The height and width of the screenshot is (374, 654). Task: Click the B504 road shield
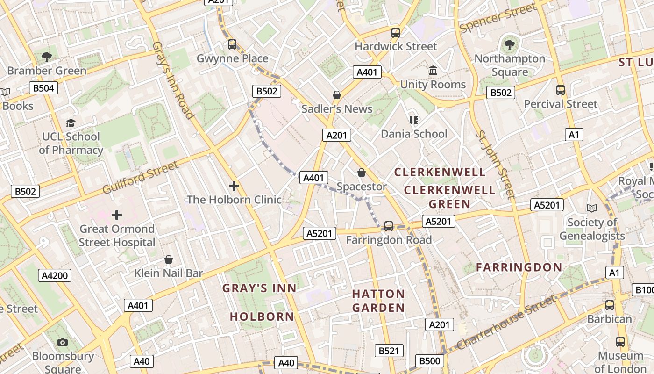click(x=43, y=88)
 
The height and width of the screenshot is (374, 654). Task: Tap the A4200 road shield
click(x=55, y=275)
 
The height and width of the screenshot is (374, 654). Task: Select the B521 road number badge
click(x=389, y=351)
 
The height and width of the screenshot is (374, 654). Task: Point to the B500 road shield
click(x=429, y=360)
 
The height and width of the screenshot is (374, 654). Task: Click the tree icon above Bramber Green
click(x=46, y=57)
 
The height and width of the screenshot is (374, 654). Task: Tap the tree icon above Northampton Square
click(x=509, y=45)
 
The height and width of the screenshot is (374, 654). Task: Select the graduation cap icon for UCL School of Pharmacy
click(x=71, y=123)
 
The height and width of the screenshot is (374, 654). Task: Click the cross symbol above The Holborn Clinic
click(x=234, y=186)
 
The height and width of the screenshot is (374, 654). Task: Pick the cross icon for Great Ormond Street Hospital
click(x=117, y=215)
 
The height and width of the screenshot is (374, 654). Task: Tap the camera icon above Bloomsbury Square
click(x=63, y=343)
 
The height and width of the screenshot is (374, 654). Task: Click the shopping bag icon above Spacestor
click(x=361, y=173)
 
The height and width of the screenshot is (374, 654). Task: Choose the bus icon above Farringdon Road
click(x=388, y=226)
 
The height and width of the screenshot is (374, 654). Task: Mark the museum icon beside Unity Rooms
click(x=433, y=71)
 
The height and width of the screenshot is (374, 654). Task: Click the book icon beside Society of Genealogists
click(x=592, y=209)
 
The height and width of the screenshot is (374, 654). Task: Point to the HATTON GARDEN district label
click(x=378, y=301)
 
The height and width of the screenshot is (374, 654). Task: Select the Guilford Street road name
click(x=140, y=178)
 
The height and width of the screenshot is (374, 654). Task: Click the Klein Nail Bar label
click(x=169, y=273)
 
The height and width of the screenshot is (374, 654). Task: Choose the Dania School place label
click(x=414, y=134)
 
